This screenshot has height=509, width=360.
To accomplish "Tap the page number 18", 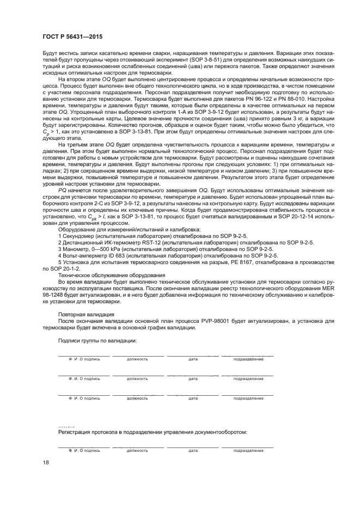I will (x=46, y=462).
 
